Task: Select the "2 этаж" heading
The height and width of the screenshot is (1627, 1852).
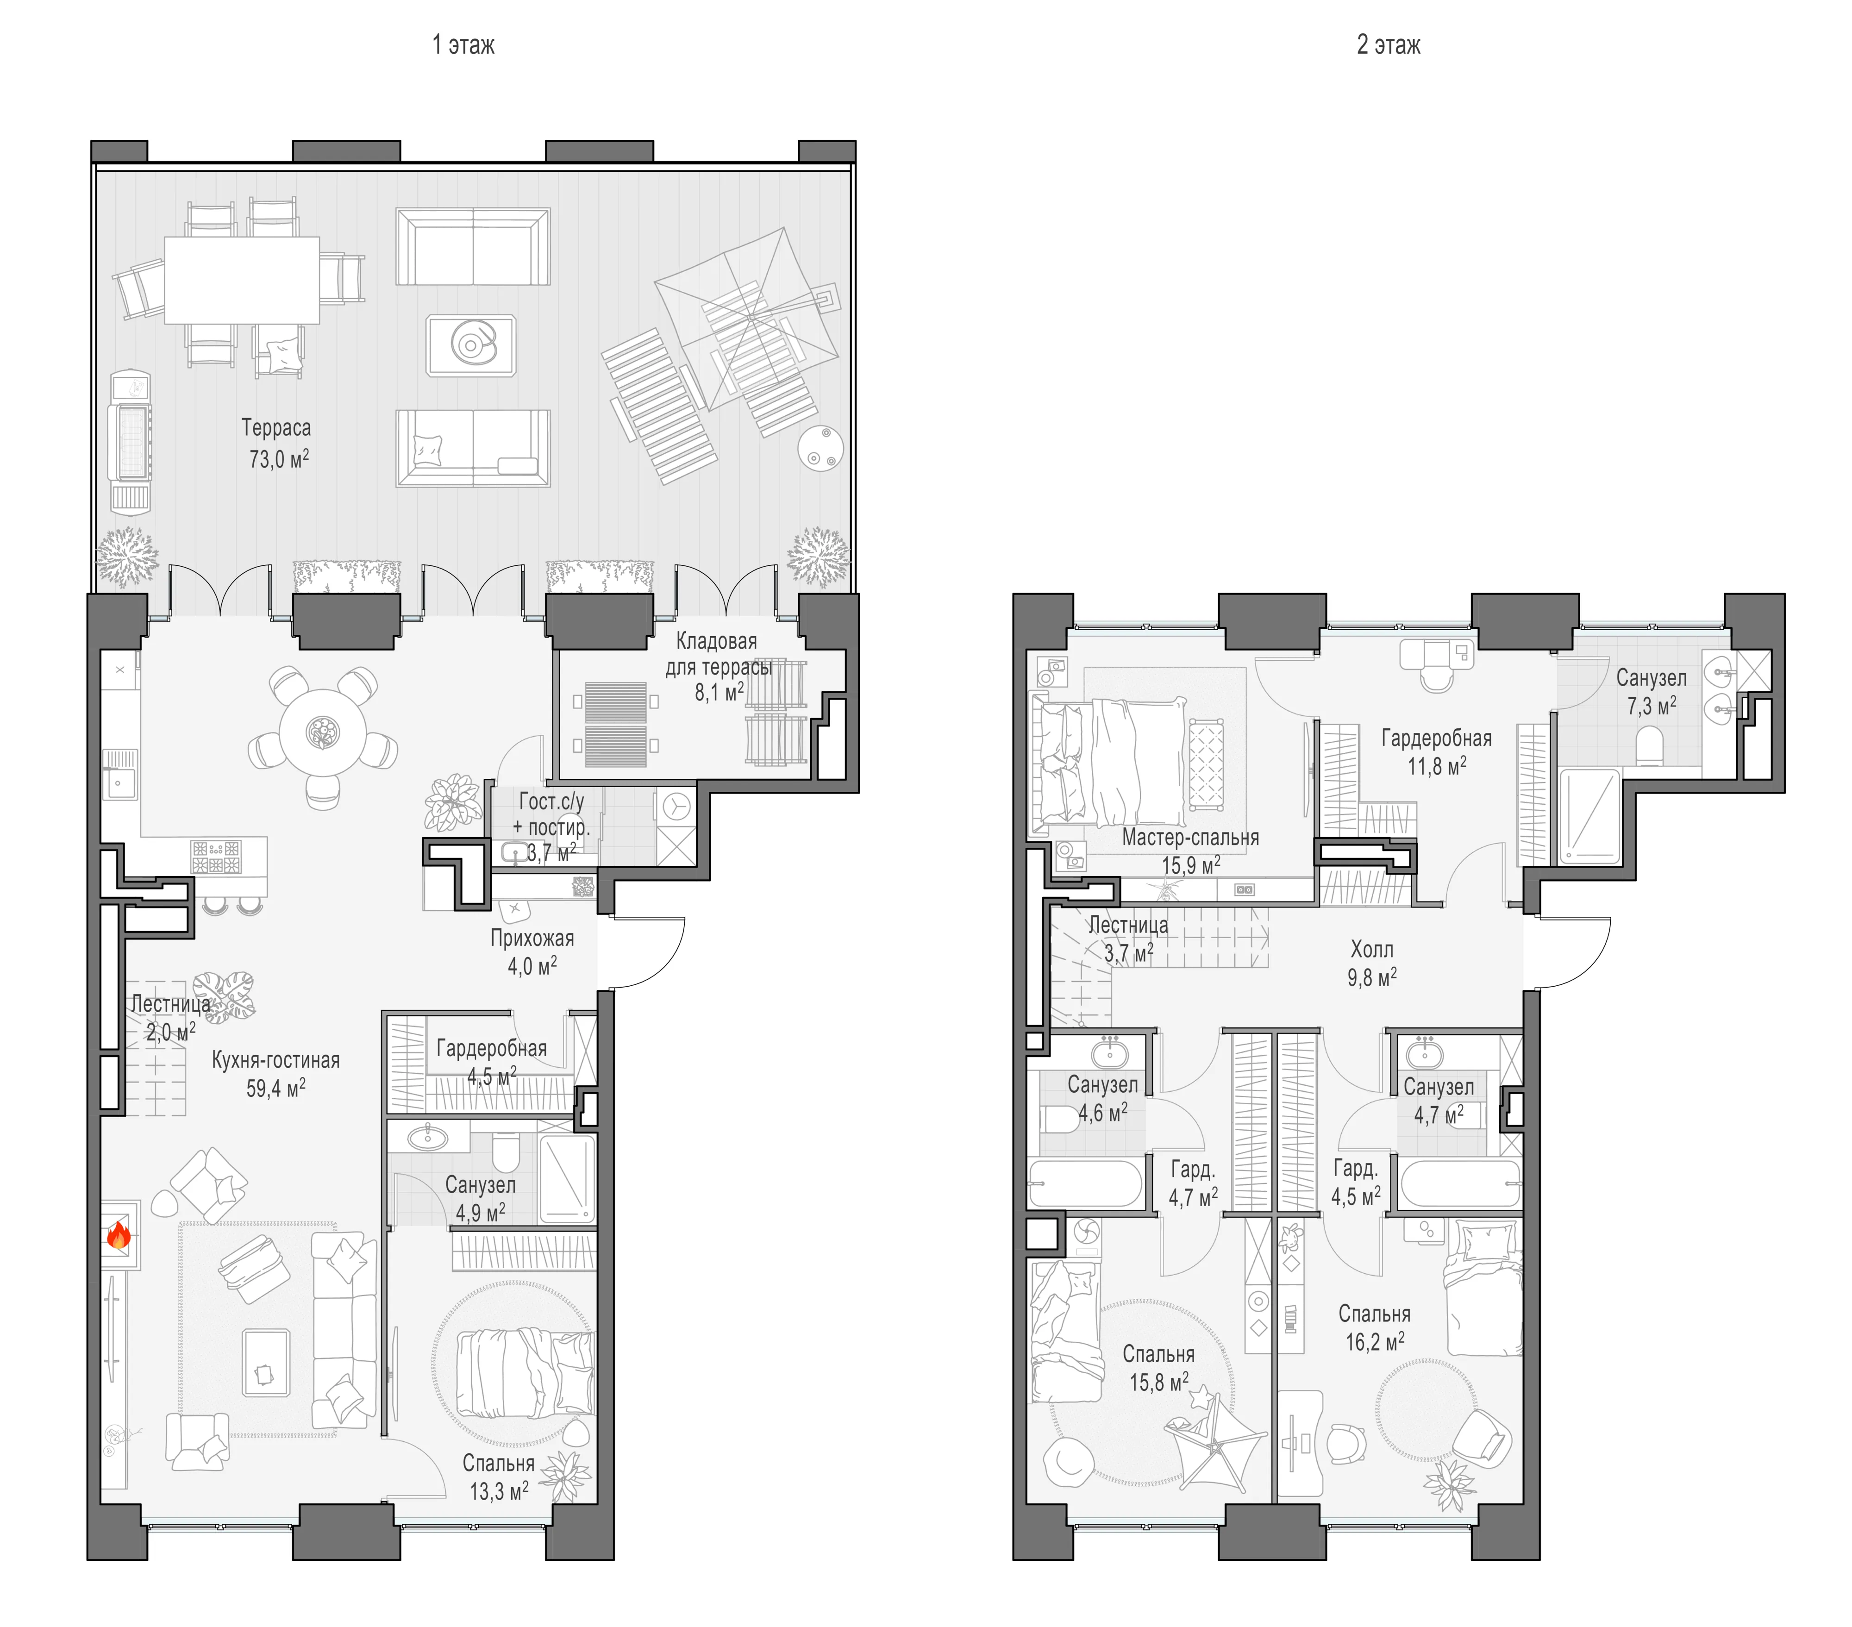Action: pos(1388,44)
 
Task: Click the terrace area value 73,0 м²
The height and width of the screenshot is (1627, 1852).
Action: pos(279,458)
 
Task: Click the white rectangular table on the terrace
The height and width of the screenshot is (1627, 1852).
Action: pos(242,280)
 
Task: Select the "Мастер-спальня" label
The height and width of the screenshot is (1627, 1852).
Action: pos(1190,837)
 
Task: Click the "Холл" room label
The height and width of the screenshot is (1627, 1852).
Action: pos(1372,949)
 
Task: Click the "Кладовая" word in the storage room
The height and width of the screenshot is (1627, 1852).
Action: pos(717,641)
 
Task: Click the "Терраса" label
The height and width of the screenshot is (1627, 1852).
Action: pos(276,428)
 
